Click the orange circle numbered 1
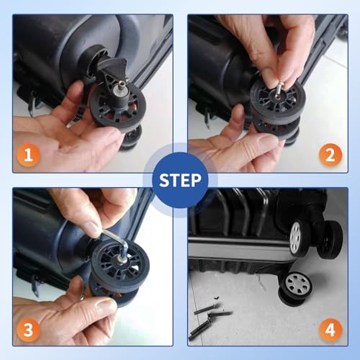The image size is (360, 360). (28, 155)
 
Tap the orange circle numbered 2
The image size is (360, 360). (330, 155)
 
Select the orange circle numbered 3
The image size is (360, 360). (28, 330)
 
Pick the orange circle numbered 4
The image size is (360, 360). (330, 330)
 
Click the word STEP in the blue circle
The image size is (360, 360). (180, 181)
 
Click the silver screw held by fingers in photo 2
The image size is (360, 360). (279, 89)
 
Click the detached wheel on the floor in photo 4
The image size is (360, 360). (295, 289)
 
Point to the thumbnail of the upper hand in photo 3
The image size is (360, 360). (93, 230)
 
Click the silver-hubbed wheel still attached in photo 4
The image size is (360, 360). (299, 238)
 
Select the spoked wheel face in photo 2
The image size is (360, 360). (276, 101)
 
